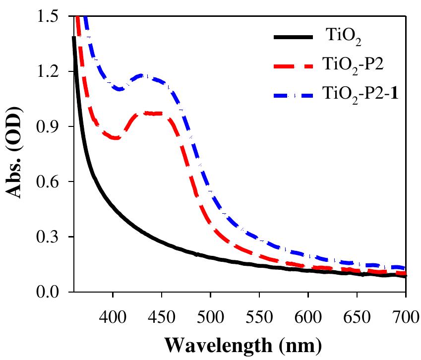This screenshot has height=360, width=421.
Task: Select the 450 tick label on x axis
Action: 162,313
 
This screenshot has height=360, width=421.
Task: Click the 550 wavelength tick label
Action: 259,313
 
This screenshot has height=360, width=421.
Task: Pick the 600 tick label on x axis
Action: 308,313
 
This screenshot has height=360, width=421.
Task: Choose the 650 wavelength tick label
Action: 357,313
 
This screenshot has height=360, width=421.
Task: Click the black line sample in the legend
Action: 293,38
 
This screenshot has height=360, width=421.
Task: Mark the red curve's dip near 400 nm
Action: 115,138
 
